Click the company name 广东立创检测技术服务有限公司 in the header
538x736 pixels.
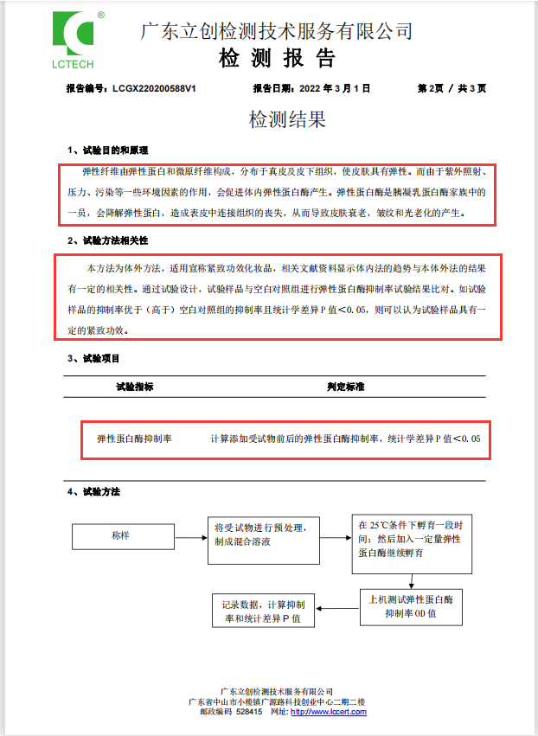tap(276, 31)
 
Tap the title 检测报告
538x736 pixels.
tap(276, 59)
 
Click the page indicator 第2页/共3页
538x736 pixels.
tap(452, 88)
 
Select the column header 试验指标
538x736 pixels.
tap(135, 387)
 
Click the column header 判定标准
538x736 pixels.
tap(345, 387)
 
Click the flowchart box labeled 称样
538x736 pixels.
tap(120, 535)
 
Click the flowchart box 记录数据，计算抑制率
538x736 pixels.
tap(264, 611)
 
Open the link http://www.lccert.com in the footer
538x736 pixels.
tap(329, 712)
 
